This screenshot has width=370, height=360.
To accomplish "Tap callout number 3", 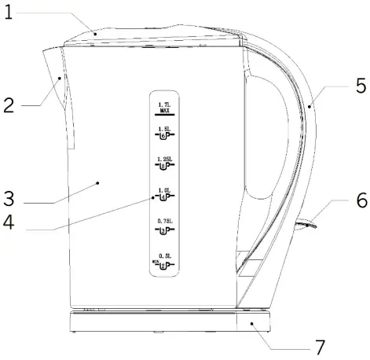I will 9,197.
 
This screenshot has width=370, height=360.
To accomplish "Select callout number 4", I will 9,224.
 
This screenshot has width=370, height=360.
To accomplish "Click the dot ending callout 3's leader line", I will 97,183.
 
